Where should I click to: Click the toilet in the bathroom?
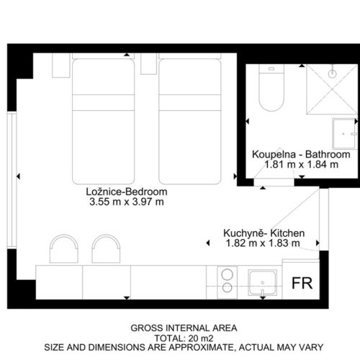tap(271, 88)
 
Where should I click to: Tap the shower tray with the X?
tap(332, 89)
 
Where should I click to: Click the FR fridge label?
tap(302, 283)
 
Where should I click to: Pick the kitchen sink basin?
tap(262, 282)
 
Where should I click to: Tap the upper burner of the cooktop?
tap(227, 274)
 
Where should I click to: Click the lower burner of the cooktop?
tap(227, 287)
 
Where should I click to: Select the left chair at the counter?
tap(64, 248)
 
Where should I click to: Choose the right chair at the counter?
tap(106, 248)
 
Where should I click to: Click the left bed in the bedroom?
tap(103, 122)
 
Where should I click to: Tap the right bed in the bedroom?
tap(190, 122)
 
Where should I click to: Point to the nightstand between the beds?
tap(149, 63)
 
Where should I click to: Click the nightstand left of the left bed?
tap(61, 66)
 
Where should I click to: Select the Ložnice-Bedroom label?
tap(127, 192)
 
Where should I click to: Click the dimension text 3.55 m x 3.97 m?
tap(127, 202)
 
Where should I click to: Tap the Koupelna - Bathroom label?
tap(301, 154)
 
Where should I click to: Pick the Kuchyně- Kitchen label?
tap(264, 233)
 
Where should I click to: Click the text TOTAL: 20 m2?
tap(184, 338)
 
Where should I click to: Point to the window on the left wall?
tap(12, 180)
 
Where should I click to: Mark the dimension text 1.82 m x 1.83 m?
tap(263, 243)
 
